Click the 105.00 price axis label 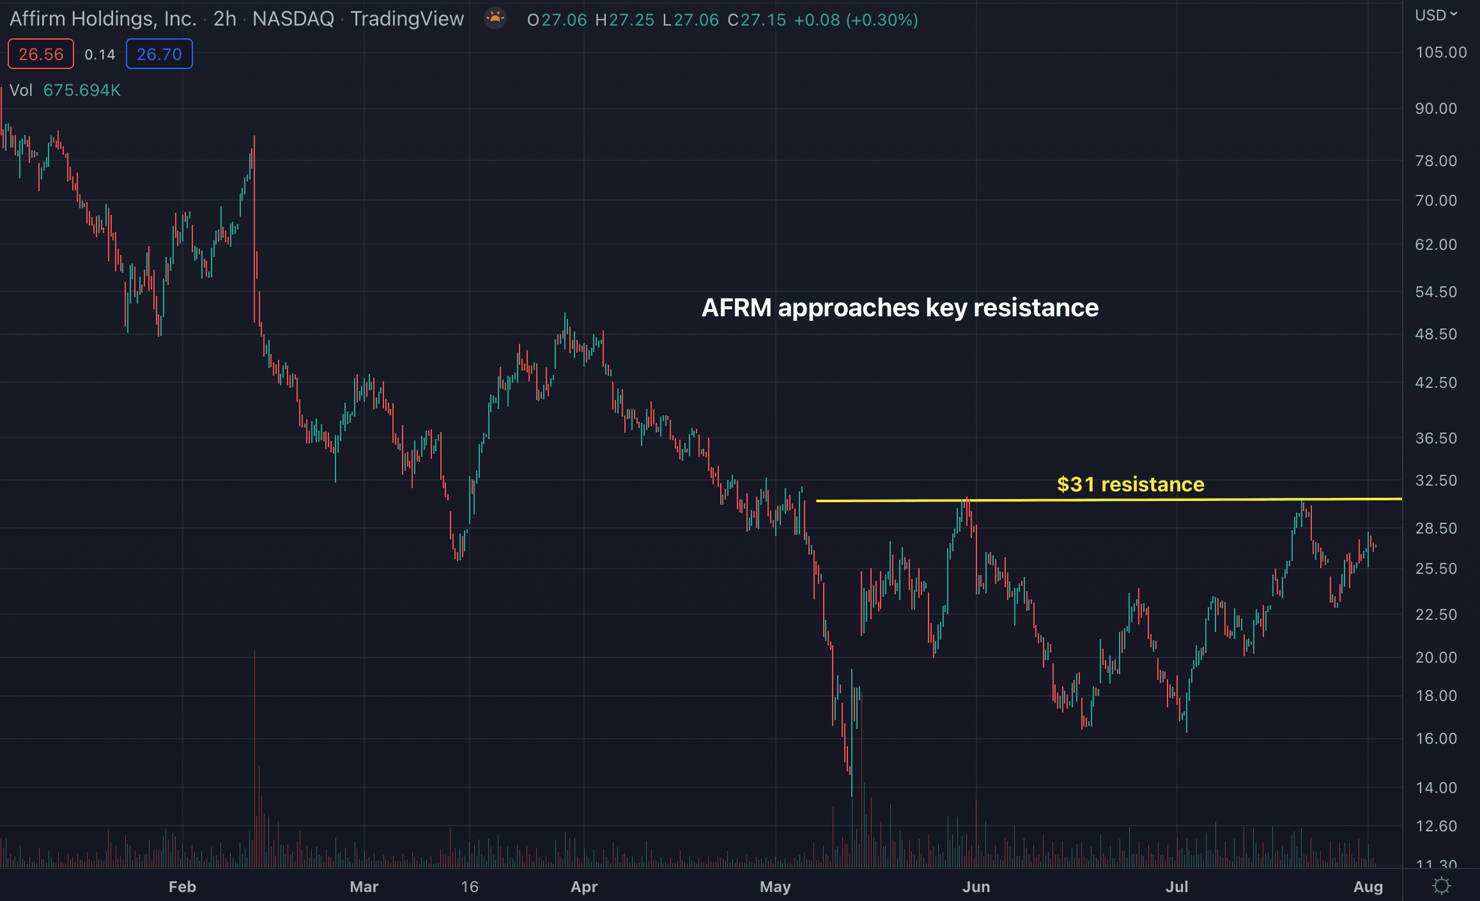[x=1440, y=52]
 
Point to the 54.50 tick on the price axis [x=1435, y=292]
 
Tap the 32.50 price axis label [x=1435, y=481]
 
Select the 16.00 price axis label [x=1435, y=739]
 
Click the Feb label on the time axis [x=182, y=887]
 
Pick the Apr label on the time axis [x=583, y=887]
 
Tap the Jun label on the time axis [x=976, y=887]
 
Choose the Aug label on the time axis [x=1368, y=887]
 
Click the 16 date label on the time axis [x=470, y=887]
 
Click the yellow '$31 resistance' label [x=1130, y=484]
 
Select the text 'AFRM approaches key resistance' [x=900, y=308]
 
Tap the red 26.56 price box [x=41, y=54]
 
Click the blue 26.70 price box [x=159, y=54]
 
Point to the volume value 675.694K [x=82, y=90]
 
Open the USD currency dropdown [x=1435, y=15]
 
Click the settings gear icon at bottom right [x=1441, y=886]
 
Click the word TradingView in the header [x=407, y=19]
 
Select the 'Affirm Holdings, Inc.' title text [x=103, y=19]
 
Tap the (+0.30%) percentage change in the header [x=882, y=20]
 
